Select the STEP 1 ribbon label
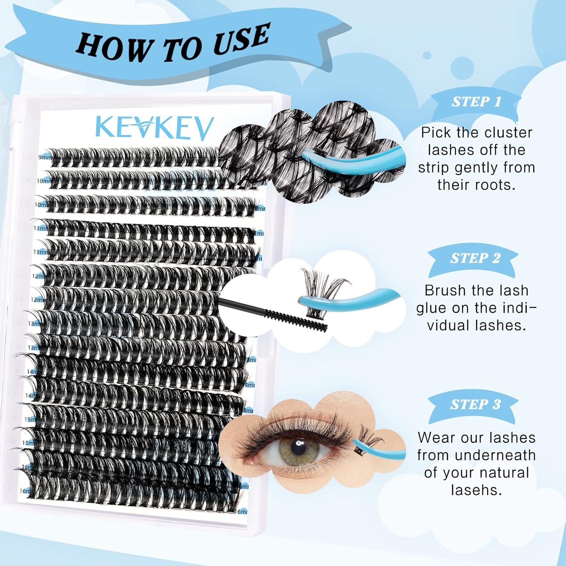[x=476, y=102]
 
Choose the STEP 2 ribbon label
[x=475, y=258]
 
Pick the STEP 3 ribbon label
[x=475, y=404]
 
